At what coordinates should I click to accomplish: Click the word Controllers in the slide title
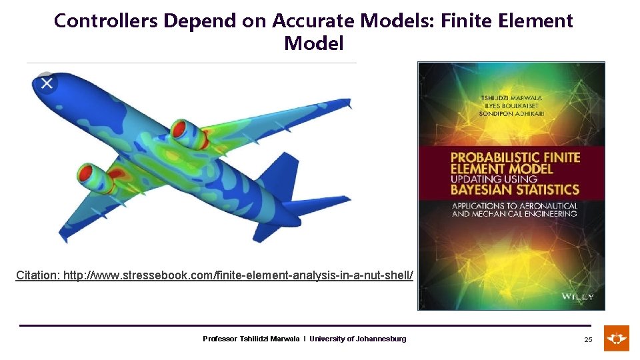tap(105, 21)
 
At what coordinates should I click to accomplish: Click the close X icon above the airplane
tap(47, 83)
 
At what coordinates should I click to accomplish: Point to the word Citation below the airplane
tap(37, 275)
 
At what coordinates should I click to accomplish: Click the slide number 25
tap(588, 340)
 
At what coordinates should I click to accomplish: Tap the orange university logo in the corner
tap(616, 338)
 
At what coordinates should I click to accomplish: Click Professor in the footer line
tap(219, 339)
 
